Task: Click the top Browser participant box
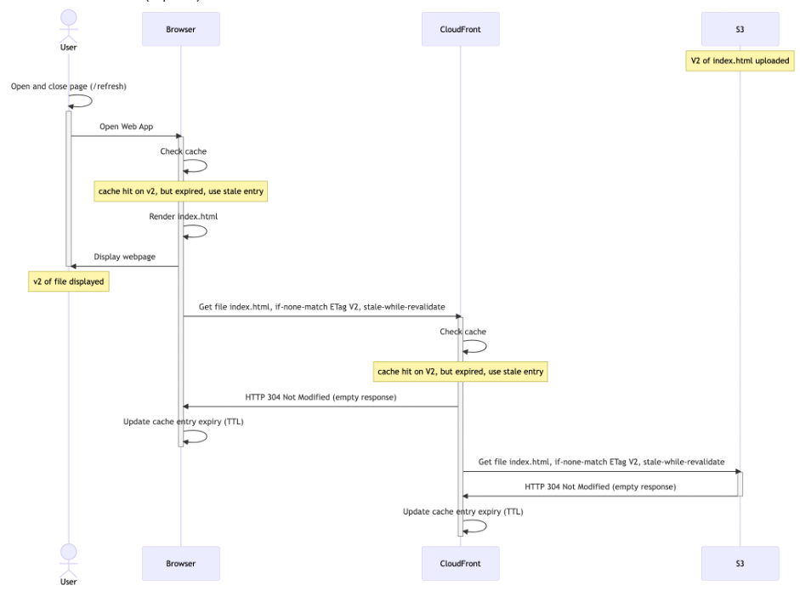(180, 29)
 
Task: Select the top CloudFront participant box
(460, 29)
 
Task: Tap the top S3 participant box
(740, 29)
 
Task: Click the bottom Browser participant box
(180, 563)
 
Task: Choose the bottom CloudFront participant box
(460, 563)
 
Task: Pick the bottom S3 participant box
(740, 563)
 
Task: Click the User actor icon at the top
(69, 26)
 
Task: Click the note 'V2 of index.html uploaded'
(740, 61)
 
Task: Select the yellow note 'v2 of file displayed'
(69, 282)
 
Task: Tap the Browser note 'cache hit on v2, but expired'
(180, 192)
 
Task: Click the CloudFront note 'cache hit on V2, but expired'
(460, 372)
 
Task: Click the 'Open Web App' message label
(126, 127)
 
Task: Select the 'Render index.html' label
(183, 217)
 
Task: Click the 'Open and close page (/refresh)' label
(69, 86)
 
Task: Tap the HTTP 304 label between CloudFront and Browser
(321, 397)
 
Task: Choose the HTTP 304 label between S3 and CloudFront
(600, 486)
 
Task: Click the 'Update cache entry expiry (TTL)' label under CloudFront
(462, 511)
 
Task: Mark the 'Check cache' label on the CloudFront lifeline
(462, 332)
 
